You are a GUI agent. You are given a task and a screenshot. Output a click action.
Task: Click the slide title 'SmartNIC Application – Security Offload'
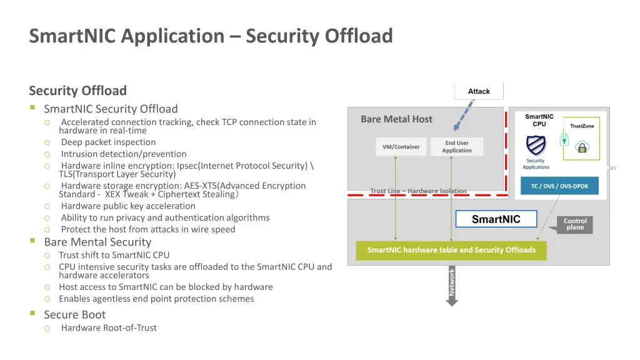(211, 36)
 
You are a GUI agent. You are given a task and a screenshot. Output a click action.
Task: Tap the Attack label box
(479, 91)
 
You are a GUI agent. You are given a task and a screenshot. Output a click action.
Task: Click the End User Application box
(457, 147)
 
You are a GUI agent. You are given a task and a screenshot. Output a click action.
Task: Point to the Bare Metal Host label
(396, 119)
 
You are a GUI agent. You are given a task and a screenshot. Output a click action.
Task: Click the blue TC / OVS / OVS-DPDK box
(559, 186)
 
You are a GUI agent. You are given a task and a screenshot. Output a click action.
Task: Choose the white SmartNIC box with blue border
(496, 219)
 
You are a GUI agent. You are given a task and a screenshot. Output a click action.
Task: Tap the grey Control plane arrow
(574, 224)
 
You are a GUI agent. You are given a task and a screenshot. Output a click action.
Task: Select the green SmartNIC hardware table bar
(451, 250)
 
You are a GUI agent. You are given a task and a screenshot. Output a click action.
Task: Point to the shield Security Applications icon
(536, 146)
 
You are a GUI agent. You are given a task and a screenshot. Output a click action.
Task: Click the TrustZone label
(582, 126)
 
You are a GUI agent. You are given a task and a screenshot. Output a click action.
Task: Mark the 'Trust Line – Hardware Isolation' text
(418, 191)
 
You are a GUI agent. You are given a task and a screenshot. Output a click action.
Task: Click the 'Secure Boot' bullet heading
(74, 315)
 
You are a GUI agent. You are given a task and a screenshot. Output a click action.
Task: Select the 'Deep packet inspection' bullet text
(108, 142)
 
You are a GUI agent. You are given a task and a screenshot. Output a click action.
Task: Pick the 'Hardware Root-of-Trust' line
(109, 328)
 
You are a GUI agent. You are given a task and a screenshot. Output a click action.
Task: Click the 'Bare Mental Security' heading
(97, 242)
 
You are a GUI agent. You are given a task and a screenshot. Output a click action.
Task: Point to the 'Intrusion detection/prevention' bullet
(123, 154)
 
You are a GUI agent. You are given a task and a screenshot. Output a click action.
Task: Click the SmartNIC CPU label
(539, 120)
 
